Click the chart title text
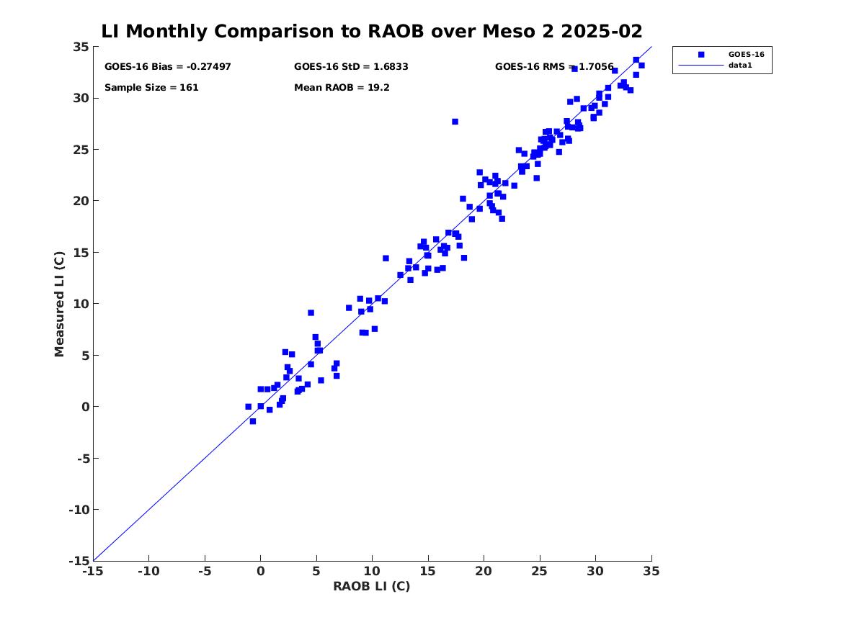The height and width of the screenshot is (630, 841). tap(371, 32)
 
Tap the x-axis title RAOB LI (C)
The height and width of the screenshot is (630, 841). tap(371, 586)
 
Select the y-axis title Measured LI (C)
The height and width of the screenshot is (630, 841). tap(60, 304)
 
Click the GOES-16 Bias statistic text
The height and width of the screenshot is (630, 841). tap(167, 67)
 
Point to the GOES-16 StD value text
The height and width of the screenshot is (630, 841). tap(351, 67)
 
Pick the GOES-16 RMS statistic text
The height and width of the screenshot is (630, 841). tap(553, 67)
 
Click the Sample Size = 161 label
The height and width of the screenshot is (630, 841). tap(151, 88)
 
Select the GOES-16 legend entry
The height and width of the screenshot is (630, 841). tap(745, 54)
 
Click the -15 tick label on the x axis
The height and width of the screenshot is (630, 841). tap(92, 571)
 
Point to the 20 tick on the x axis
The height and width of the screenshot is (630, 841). tap(484, 571)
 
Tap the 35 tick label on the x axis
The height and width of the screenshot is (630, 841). tap(651, 571)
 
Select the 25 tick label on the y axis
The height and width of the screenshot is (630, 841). tap(81, 150)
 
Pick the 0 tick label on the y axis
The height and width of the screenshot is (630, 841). tap(84, 407)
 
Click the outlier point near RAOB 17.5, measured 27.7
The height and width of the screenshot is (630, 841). tap(455, 122)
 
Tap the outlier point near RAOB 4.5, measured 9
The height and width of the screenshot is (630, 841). tap(311, 312)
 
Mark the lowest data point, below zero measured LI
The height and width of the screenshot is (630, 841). tap(252, 421)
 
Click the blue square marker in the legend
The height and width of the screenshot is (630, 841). tap(700, 54)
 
